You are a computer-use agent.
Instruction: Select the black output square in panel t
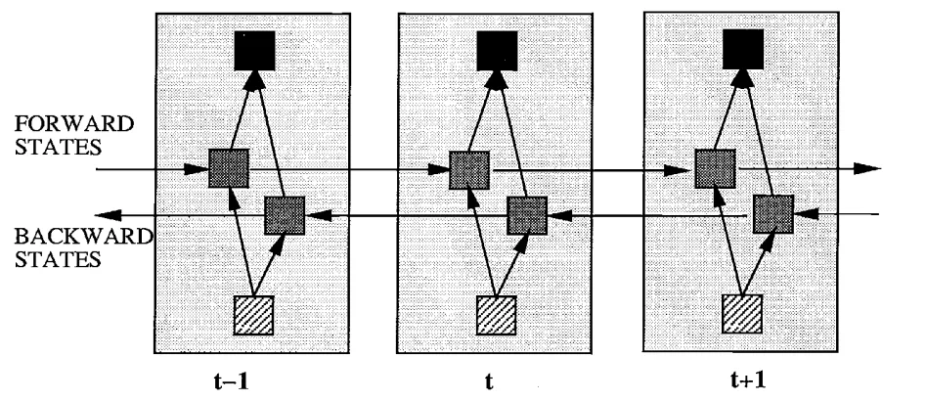click(x=497, y=49)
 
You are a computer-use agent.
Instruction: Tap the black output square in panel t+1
click(x=742, y=49)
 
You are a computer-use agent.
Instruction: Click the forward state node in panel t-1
click(x=229, y=169)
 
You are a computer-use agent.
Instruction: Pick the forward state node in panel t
click(x=469, y=170)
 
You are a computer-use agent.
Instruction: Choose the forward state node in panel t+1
click(x=715, y=170)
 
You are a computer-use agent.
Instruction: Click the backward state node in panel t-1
click(x=286, y=214)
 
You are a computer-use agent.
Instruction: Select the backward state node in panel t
click(x=526, y=215)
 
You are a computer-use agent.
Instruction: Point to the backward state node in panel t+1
click(x=772, y=214)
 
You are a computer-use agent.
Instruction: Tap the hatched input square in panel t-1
click(x=253, y=314)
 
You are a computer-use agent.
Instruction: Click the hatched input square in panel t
click(x=496, y=314)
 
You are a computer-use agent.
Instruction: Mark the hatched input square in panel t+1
click(x=741, y=314)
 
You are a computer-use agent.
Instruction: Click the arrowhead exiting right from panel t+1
click(x=868, y=169)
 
